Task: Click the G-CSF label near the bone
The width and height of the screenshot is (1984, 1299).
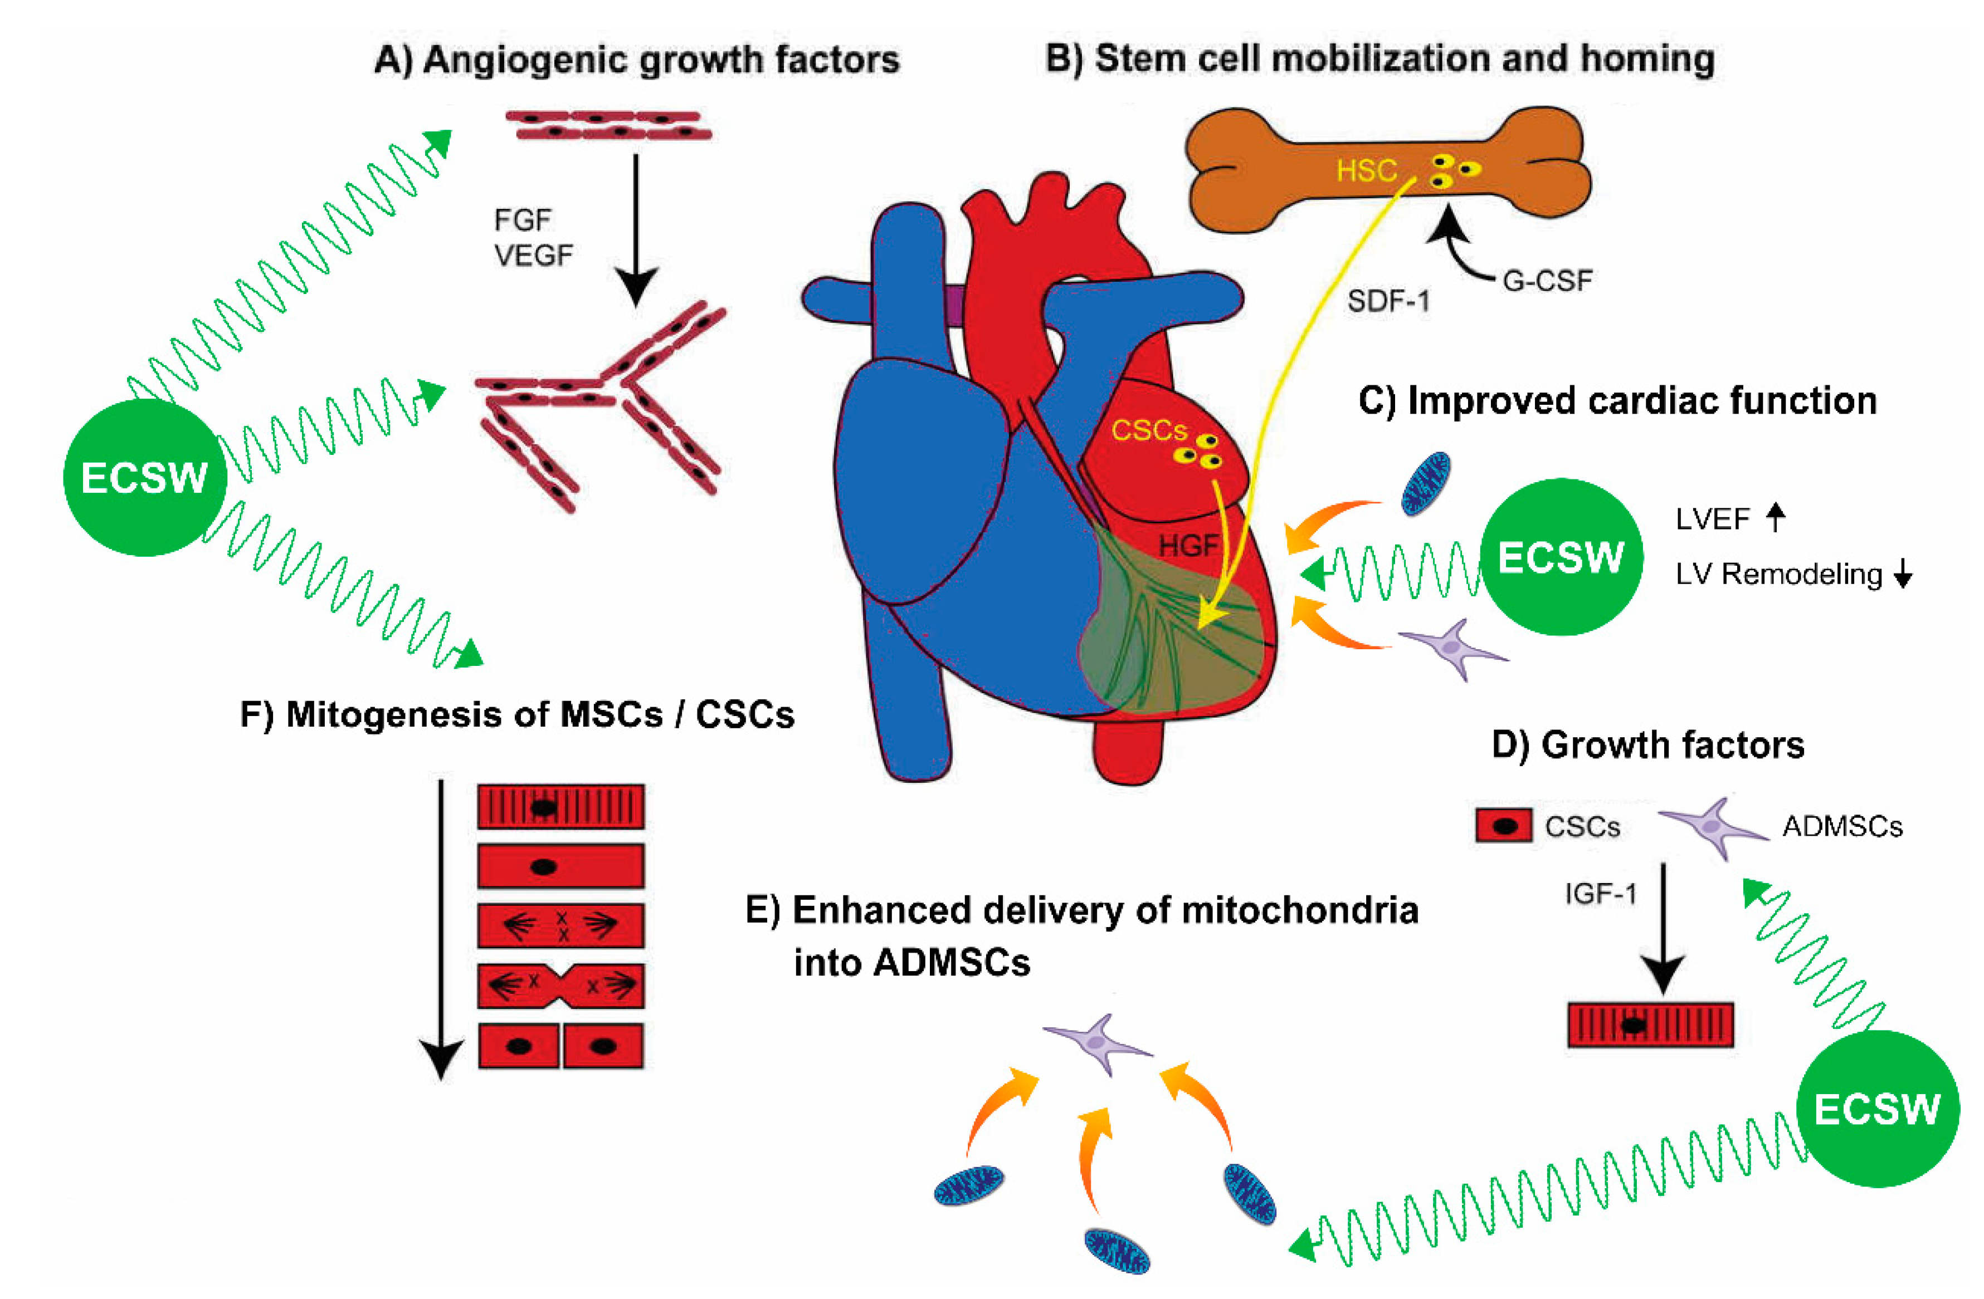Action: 1546,281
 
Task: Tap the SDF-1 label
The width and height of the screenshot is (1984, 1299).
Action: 1388,301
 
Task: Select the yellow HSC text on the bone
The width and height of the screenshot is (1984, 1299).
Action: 1366,171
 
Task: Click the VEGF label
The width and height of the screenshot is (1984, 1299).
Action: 534,255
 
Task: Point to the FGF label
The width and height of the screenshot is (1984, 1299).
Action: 523,220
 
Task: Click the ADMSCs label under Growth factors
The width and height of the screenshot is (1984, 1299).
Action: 1842,827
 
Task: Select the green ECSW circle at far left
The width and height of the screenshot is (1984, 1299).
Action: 145,477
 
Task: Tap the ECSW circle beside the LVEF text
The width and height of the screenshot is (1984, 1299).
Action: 1561,557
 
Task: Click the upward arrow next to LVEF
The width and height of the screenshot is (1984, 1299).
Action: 1776,517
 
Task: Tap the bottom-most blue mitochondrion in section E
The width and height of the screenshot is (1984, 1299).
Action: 1117,1251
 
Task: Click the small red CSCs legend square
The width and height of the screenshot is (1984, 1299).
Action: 1503,826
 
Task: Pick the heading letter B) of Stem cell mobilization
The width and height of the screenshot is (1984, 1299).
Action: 1063,58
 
